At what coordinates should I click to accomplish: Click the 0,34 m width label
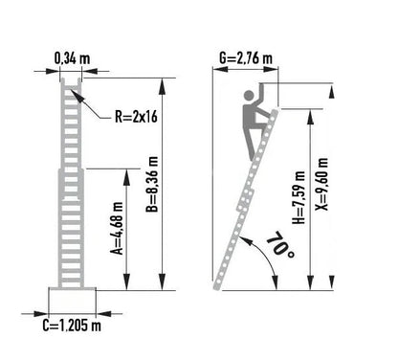72,58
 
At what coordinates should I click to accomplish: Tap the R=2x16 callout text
136,117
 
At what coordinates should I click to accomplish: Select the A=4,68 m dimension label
117,229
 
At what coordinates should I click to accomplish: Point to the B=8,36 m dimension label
152,185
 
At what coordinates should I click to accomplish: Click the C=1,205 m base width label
72,326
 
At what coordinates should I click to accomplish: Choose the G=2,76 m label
246,58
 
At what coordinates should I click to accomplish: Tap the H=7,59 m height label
299,197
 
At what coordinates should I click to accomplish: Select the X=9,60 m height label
321,185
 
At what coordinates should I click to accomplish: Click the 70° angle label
280,245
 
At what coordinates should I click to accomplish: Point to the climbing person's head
249,95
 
